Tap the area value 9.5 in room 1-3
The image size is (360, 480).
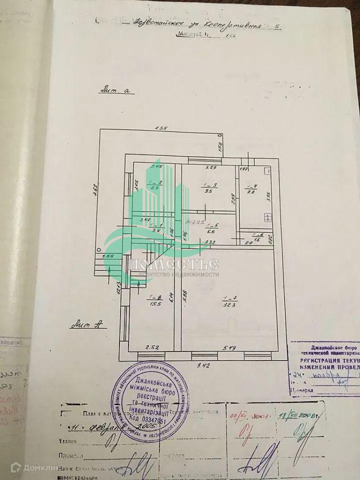tap(209, 191)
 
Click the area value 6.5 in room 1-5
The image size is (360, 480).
tap(210, 231)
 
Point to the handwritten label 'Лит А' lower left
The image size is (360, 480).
tap(88, 323)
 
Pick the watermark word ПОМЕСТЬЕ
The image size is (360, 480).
tap(174, 265)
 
